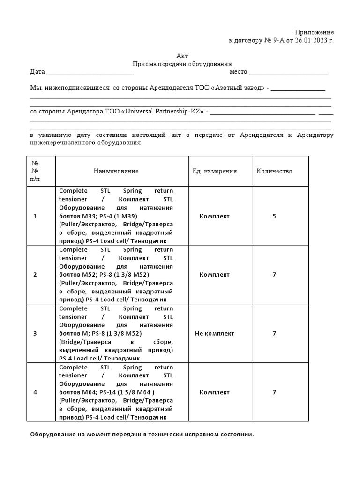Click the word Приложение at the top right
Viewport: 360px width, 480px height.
(x=314, y=32)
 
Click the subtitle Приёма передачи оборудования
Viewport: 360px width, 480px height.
(x=182, y=64)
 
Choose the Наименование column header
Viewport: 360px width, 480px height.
(x=116, y=171)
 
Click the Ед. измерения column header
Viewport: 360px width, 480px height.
(x=215, y=171)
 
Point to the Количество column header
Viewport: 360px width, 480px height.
(x=274, y=171)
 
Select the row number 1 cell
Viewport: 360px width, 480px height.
(x=35, y=216)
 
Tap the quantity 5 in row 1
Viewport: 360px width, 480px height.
(x=274, y=216)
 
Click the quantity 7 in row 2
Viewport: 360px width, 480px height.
(x=274, y=275)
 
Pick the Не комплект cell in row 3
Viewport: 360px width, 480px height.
(x=215, y=333)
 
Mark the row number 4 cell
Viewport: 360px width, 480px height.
(x=35, y=392)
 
